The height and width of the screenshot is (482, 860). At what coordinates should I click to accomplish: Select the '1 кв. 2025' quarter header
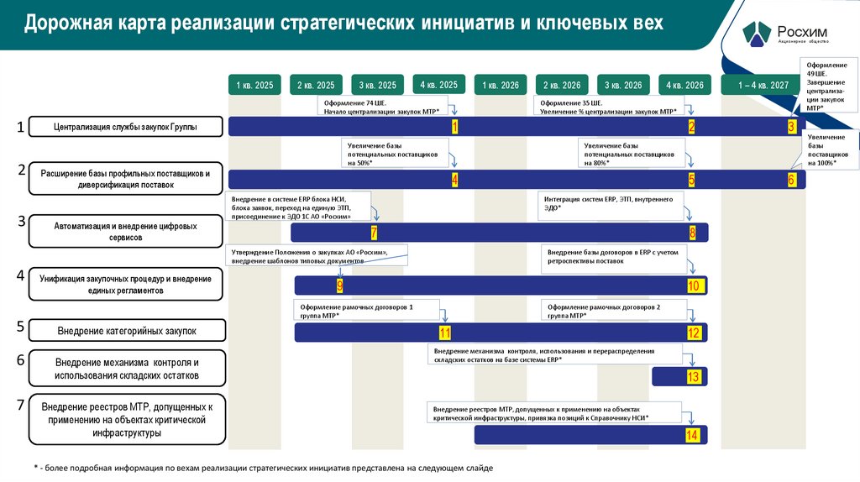point(254,85)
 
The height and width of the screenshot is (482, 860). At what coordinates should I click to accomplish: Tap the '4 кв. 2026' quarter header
point(684,85)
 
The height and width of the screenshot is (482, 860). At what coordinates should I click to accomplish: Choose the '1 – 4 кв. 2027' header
point(763,85)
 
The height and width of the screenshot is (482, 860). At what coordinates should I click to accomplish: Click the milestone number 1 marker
point(454,127)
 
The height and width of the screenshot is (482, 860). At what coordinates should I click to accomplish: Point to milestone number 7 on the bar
point(374,233)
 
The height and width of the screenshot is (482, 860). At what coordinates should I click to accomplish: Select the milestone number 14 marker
point(692,435)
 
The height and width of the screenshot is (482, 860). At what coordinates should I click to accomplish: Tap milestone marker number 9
point(340,286)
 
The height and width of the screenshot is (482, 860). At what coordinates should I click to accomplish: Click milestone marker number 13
point(693,377)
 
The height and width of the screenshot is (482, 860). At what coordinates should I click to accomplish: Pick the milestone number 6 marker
point(791,180)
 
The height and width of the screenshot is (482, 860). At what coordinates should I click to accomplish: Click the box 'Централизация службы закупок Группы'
point(126,127)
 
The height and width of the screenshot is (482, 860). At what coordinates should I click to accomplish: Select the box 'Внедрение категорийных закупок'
point(126,330)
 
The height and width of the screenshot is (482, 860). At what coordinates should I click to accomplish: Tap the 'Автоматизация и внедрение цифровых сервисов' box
point(126,232)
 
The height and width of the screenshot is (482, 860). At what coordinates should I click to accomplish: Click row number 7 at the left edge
point(21,406)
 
